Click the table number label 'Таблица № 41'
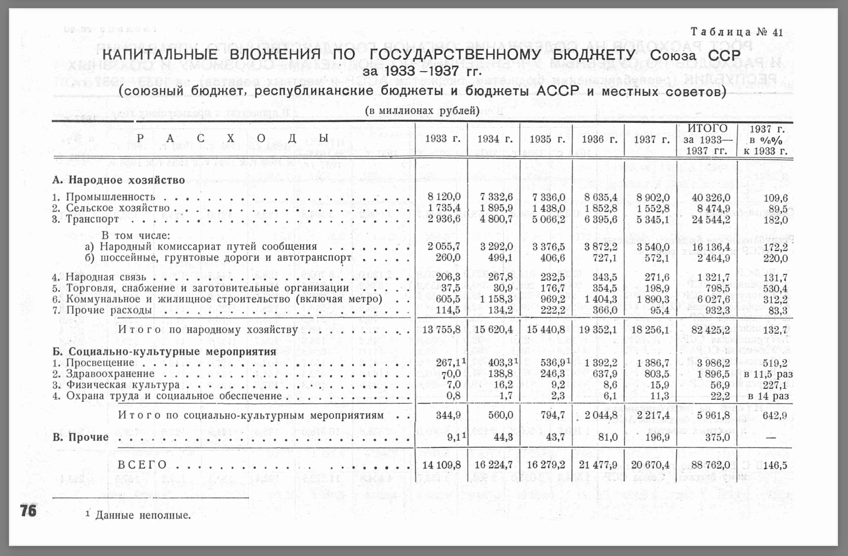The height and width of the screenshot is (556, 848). tap(736, 32)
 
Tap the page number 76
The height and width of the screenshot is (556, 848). tap(29, 511)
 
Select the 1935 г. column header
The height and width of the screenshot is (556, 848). tap(547, 139)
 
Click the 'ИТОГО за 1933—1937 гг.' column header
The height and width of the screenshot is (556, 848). tap(707, 139)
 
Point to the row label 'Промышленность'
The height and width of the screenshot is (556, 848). tap(110, 197)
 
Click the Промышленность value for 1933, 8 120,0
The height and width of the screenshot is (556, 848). tap(444, 197)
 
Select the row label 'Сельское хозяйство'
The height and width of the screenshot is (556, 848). tap(117, 208)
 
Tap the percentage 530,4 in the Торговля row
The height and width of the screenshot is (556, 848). tap(775, 289)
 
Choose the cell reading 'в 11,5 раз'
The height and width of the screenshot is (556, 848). tap(768, 374)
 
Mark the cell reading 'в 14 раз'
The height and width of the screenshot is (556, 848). tap(768, 396)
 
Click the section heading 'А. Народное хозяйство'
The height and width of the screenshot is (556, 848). tap(119, 180)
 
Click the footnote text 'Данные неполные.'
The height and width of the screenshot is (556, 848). tap(143, 515)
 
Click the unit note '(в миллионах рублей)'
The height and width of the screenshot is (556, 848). tap(422, 111)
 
